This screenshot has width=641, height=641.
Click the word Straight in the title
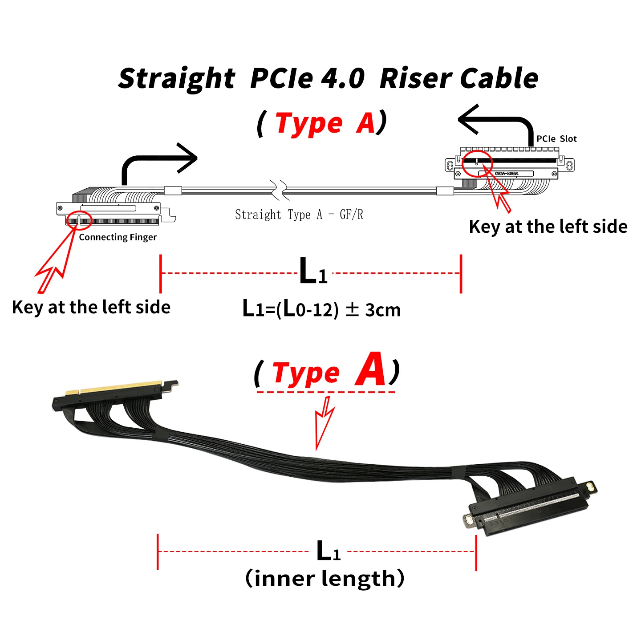click(177, 78)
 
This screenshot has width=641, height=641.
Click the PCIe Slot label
click(556, 139)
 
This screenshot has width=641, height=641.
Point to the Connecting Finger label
click(118, 237)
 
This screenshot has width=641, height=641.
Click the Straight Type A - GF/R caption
click(299, 215)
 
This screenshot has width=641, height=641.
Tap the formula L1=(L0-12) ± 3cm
click(321, 308)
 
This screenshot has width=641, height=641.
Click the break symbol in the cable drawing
click(279, 190)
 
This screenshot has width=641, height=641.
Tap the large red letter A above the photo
click(370, 369)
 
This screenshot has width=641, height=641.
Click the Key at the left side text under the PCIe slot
click(548, 227)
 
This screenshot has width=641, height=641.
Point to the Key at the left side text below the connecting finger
click(91, 307)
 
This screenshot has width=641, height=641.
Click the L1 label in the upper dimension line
click(313, 271)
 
